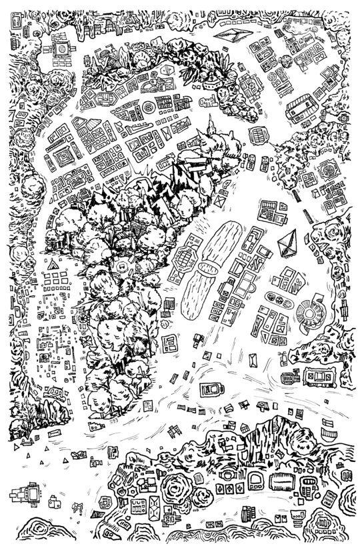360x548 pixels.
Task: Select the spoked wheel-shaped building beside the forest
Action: click(83, 319)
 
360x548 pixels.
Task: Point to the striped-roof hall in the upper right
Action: click(302, 109)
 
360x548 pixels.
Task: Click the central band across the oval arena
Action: click(207, 269)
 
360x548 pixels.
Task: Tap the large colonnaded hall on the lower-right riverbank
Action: click(318, 377)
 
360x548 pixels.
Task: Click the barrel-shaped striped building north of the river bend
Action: click(259, 135)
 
